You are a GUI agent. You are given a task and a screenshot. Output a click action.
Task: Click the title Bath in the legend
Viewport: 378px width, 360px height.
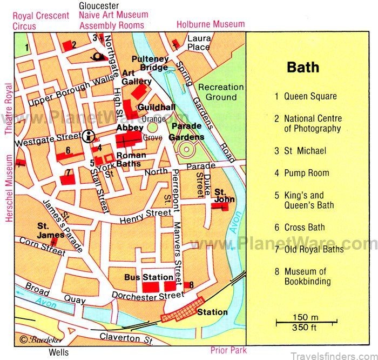(302, 68)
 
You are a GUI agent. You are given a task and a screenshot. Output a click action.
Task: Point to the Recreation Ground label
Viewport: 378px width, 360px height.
(217, 92)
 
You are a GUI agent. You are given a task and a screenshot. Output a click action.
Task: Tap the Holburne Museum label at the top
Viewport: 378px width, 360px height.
(210, 24)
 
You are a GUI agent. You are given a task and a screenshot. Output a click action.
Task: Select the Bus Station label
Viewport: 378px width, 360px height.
(141, 277)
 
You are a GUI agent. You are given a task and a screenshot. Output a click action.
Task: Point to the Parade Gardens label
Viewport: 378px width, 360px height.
(187, 131)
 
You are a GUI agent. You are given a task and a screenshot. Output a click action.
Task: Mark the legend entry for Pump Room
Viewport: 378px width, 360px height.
(306, 174)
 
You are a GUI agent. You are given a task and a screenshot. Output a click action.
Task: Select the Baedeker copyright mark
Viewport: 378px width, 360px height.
(34, 340)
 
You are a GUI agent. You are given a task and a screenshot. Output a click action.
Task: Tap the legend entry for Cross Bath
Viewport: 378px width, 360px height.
(306, 228)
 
